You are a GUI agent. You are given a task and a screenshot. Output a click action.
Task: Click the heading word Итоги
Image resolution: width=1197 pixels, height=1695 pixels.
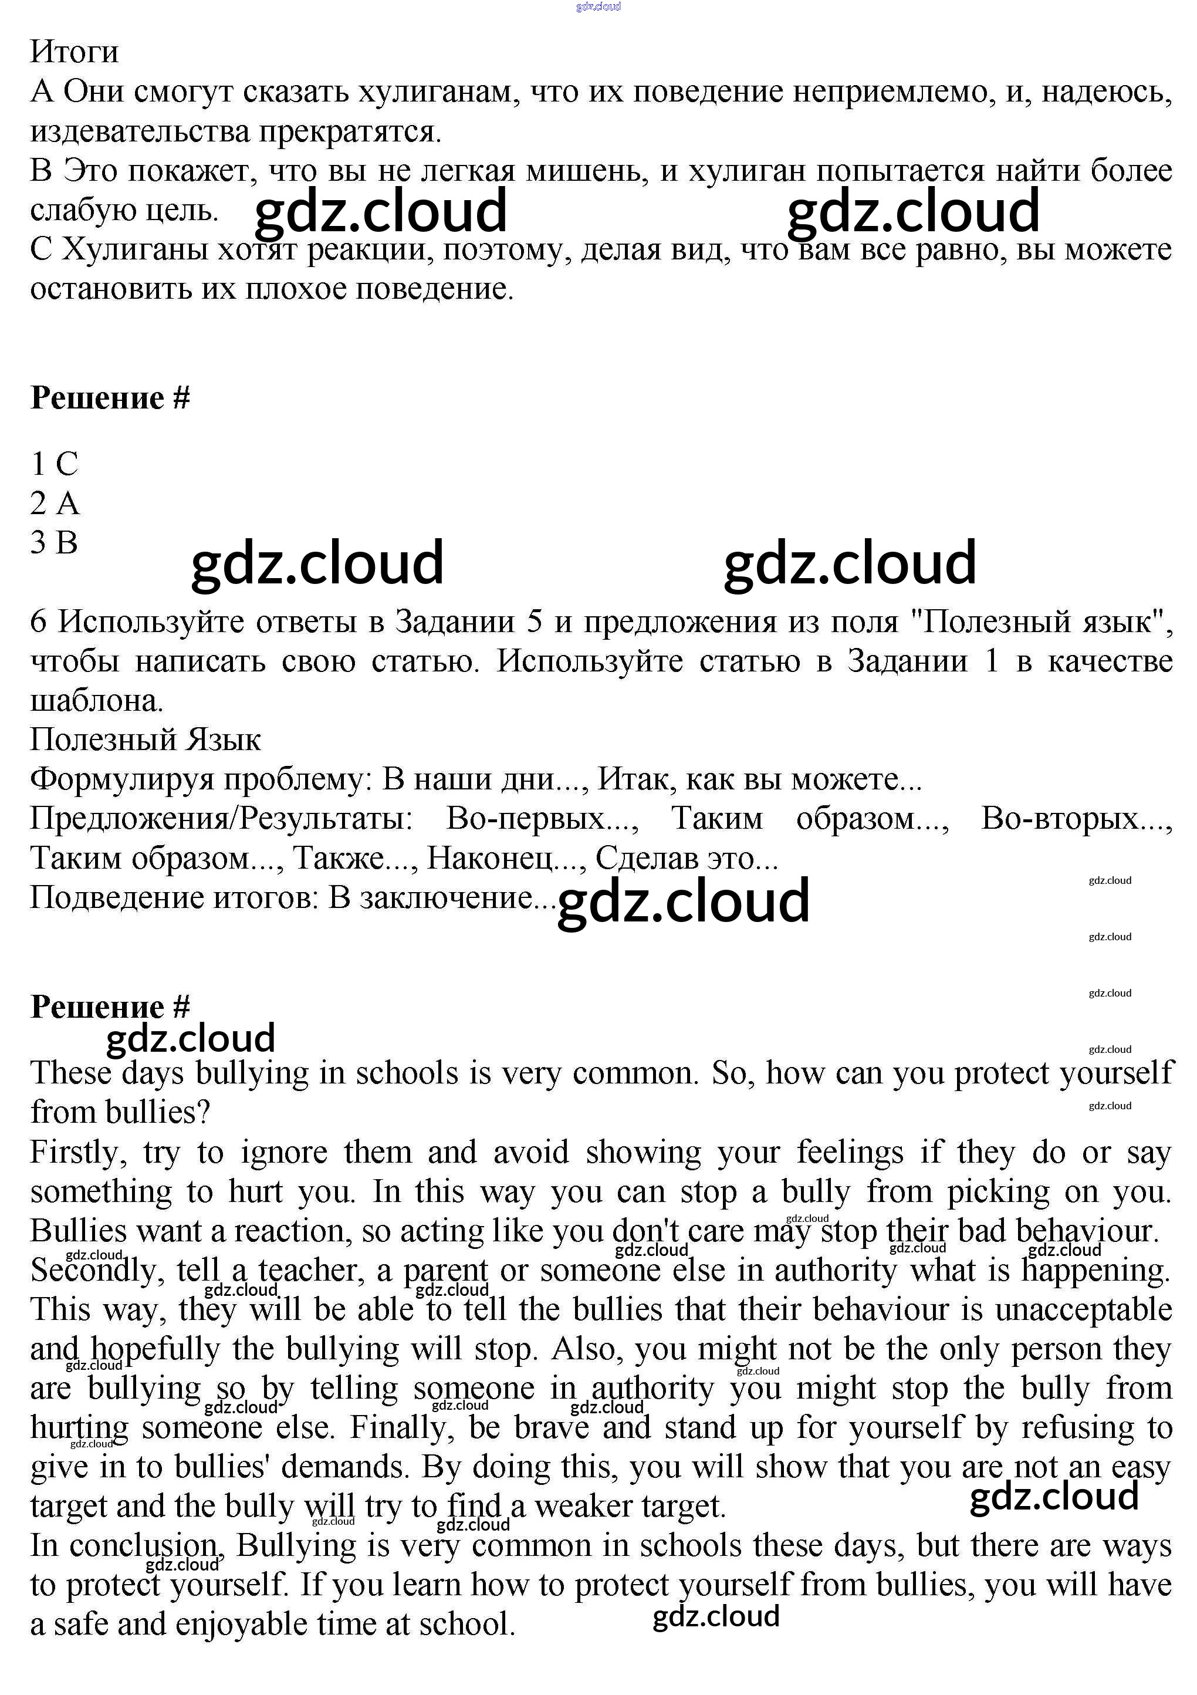point(74,52)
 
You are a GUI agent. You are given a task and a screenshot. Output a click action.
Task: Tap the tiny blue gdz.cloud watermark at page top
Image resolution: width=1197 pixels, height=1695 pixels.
point(598,6)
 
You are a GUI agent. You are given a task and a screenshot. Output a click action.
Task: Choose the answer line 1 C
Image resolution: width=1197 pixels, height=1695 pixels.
point(54,464)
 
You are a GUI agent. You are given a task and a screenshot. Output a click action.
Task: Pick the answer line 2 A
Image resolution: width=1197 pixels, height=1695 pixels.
point(54,504)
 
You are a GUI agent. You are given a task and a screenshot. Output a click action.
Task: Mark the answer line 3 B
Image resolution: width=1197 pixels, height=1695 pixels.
point(54,543)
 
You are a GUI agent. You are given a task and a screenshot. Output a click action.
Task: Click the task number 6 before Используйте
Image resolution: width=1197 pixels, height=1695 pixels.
point(38,622)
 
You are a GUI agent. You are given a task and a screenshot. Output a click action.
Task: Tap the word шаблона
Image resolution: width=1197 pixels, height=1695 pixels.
point(96,701)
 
